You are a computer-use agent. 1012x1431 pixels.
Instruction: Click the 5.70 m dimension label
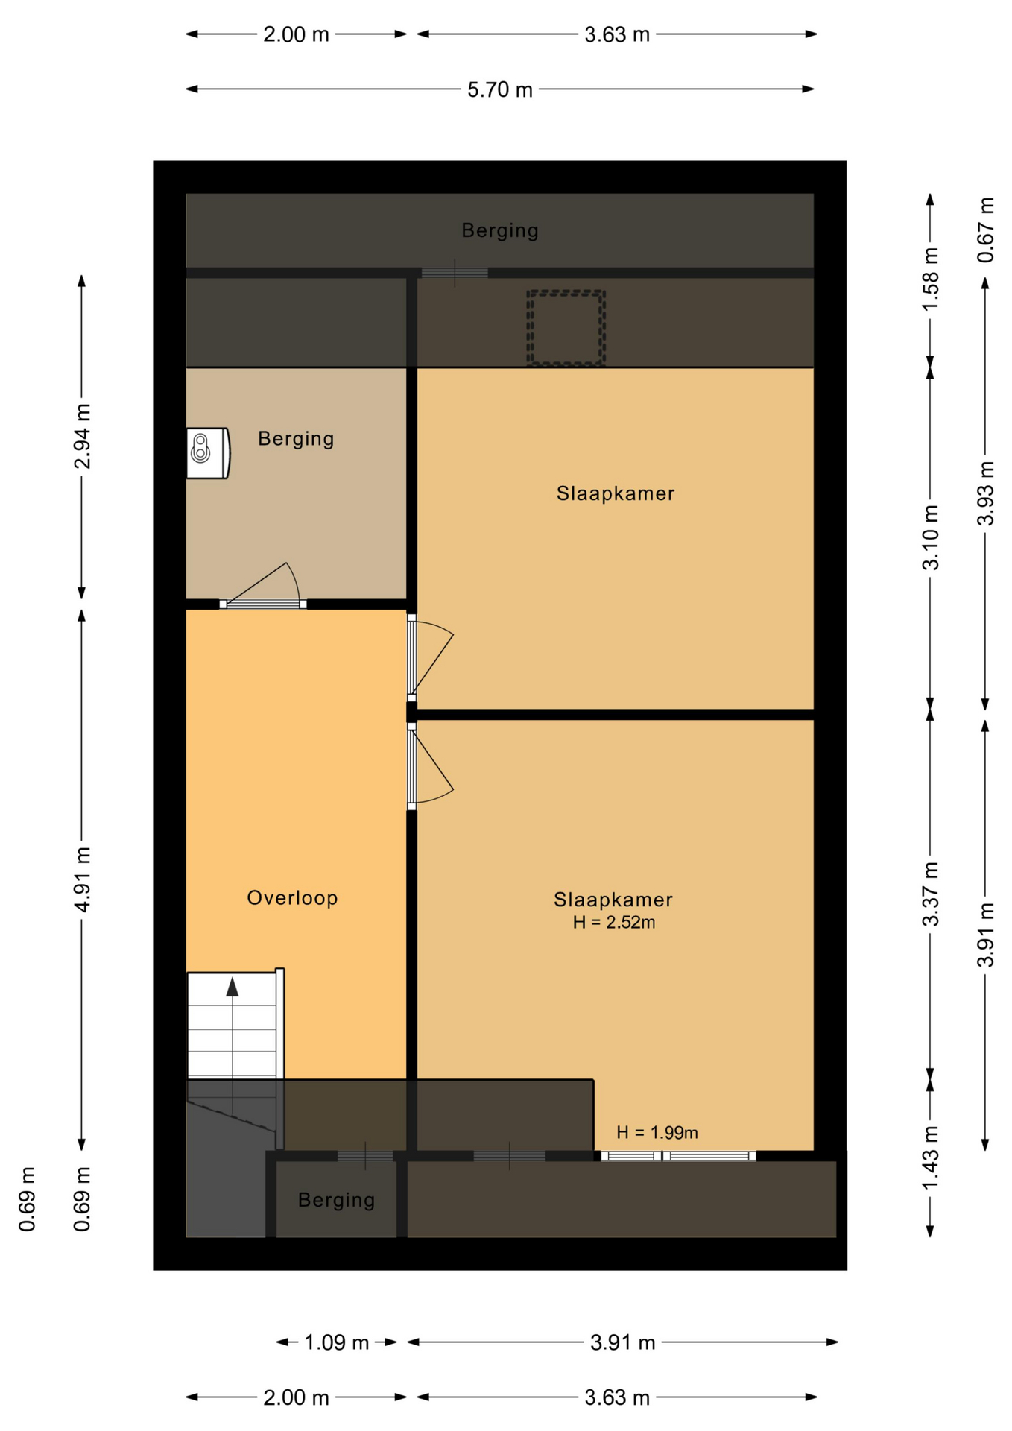point(499,89)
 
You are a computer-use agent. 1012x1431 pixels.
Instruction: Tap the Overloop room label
point(292,897)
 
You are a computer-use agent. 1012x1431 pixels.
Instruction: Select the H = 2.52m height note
point(613,922)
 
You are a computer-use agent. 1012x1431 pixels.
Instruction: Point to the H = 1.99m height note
point(657,1132)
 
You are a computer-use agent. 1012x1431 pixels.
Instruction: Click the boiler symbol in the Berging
point(208,452)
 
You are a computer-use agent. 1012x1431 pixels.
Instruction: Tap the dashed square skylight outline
point(566,328)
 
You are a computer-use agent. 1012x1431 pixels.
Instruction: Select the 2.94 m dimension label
point(82,437)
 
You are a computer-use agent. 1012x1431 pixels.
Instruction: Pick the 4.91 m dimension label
point(82,879)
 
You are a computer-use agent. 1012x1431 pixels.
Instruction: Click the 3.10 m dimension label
point(930,537)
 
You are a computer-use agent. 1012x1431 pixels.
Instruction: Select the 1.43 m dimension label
point(930,1158)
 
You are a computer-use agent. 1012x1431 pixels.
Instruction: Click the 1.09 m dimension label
point(336,1342)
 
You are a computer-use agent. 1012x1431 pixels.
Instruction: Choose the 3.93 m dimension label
point(985,493)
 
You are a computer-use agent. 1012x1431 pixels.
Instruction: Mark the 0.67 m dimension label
point(985,230)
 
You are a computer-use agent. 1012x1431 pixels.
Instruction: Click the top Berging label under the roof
point(499,230)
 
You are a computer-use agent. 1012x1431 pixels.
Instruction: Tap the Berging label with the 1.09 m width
point(336,1199)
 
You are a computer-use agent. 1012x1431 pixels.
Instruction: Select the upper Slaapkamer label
point(616,493)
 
